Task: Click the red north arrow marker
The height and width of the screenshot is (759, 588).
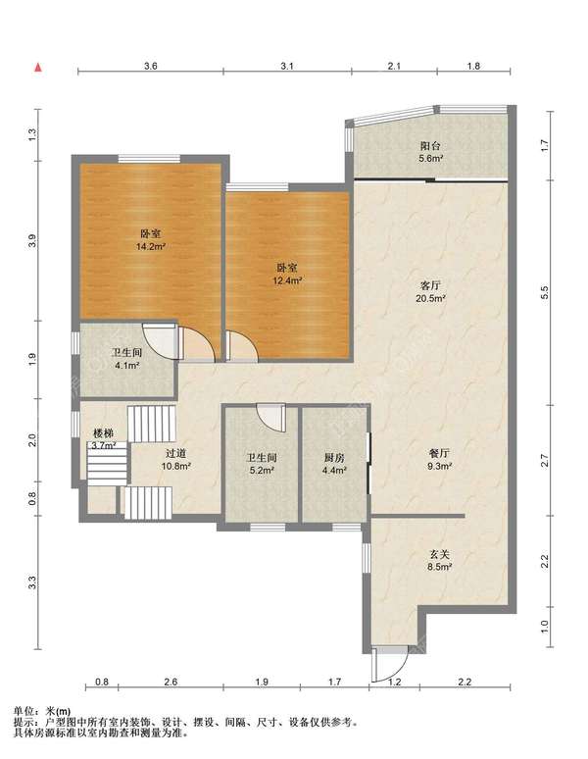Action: click(37, 68)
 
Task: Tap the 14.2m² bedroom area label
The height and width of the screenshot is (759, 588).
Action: click(151, 246)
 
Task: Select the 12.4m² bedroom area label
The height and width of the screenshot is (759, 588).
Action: click(287, 279)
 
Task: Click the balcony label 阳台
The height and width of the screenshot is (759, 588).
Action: click(430, 146)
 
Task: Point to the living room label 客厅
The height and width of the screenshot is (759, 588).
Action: click(430, 285)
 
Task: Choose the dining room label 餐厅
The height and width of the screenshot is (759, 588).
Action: click(440, 454)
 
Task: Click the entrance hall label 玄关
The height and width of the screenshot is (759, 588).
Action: click(440, 554)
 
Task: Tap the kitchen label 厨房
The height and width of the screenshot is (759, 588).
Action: click(334, 457)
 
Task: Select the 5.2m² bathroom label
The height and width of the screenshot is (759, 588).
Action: click(261, 470)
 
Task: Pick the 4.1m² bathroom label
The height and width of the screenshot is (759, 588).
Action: click(127, 366)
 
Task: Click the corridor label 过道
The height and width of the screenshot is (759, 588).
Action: click(175, 454)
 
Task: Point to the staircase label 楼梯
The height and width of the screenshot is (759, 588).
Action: click(103, 433)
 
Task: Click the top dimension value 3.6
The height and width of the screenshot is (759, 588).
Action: click(151, 66)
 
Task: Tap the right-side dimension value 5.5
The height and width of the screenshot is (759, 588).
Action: click(545, 292)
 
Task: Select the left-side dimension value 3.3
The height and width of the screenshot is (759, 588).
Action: click(33, 582)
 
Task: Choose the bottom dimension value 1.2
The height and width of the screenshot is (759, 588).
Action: click(395, 683)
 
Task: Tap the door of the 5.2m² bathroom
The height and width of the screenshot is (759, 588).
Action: click(271, 418)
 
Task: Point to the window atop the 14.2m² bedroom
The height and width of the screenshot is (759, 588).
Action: click(149, 158)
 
